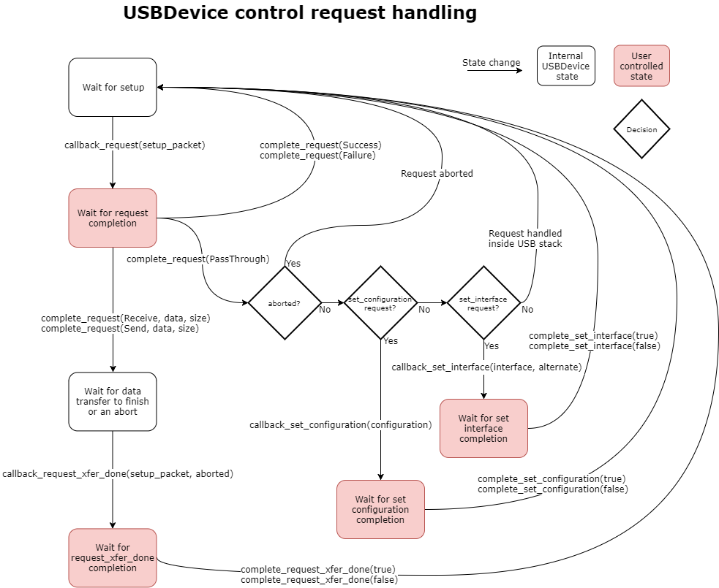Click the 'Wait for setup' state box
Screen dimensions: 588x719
click(x=113, y=87)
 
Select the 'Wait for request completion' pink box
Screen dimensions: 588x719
click(x=113, y=218)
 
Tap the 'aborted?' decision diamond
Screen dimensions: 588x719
click(x=285, y=302)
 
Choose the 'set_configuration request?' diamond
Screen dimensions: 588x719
click(x=380, y=302)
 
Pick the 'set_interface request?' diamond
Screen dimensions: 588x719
click(x=483, y=302)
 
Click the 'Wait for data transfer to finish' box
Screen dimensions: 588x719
click(x=113, y=401)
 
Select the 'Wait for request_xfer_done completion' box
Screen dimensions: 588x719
click(x=113, y=557)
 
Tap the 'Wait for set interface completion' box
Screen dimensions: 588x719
click(x=483, y=428)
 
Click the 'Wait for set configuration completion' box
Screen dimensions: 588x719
click(x=380, y=509)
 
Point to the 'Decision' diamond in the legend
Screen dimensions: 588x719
click(x=641, y=129)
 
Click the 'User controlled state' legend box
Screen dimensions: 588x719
click(x=641, y=66)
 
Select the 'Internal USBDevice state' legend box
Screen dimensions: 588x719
click(x=566, y=66)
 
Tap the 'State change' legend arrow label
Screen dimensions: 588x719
click(x=492, y=63)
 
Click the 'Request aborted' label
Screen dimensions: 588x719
click(x=437, y=174)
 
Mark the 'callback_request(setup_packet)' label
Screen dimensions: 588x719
click(x=135, y=145)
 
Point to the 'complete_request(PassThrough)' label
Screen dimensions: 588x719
click(x=198, y=259)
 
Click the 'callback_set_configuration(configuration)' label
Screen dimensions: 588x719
click(x=340, y=424)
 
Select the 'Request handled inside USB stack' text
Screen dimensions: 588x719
click(x=525, y=238)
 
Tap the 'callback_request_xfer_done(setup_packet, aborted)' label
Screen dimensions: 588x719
click(x=118, y=473)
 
